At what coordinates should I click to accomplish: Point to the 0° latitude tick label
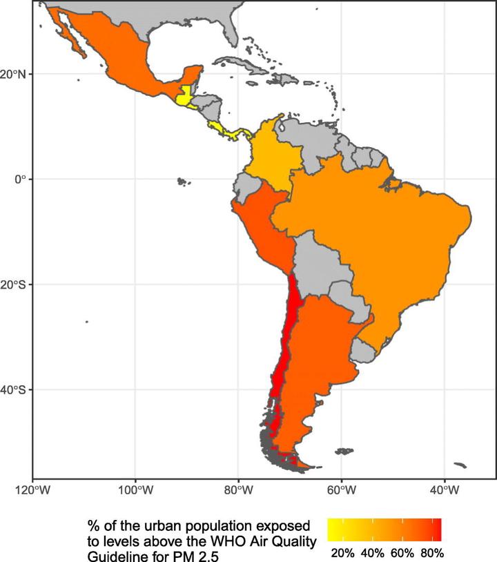20,180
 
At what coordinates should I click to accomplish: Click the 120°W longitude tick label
32,492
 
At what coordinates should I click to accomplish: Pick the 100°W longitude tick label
135,492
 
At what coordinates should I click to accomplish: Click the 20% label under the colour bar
343,553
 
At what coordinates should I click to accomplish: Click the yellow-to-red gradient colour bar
384,529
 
